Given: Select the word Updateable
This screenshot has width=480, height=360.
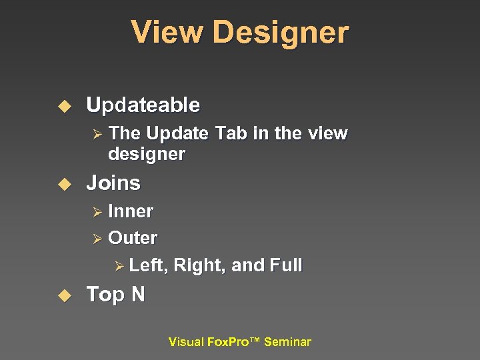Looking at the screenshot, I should (x=143, y=105).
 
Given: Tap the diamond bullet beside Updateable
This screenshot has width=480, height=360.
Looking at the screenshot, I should (x=65, y=106).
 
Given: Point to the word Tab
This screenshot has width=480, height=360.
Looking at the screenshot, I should (x=232, y=133).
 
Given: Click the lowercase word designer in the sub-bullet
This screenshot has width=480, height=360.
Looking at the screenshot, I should (x=147, y=154).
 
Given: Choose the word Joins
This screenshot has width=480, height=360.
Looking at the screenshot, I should (x=113, y=183).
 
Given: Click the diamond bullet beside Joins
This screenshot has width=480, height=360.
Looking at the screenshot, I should (x=65, y=183).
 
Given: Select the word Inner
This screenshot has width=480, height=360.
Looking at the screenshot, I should (x=131, y=211).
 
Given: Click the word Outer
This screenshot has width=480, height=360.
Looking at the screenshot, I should (x=133, y=238).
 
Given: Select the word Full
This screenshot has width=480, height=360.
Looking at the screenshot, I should (x=285, y=265).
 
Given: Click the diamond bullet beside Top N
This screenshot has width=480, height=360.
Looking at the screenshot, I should (x=65, y=295).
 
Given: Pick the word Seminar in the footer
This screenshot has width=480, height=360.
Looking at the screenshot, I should (x=287, y=342).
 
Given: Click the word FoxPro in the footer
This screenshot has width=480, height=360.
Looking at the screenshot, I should (x=228, y=342).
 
